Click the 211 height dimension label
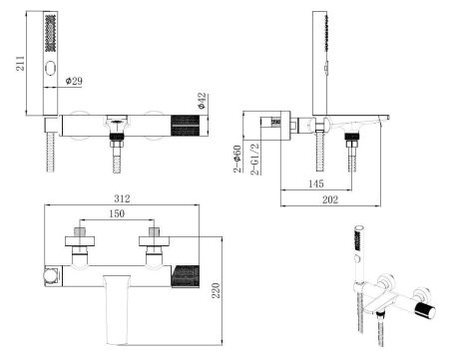(x=21, y=63)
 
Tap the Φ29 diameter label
(x=74, y=81)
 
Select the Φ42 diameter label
(x=202, y=101)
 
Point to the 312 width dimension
(x=122, y=198)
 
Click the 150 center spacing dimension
(x=117, y=213)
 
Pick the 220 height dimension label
(x=217, y=290)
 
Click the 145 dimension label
(x=315, y=183)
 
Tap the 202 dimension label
(x=330, y=199)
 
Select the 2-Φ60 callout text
(x=237, y=159)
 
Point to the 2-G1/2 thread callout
(x=254, y=160)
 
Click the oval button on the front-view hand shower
(x=51, y=70)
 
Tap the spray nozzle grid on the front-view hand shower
(x=50, y=33)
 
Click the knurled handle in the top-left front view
(x=186, y=126)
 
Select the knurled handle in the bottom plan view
(x=186, y=276)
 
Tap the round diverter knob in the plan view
(x=50, y=276)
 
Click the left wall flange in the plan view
(x=80, y=241)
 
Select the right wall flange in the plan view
(x=154, y=241)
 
